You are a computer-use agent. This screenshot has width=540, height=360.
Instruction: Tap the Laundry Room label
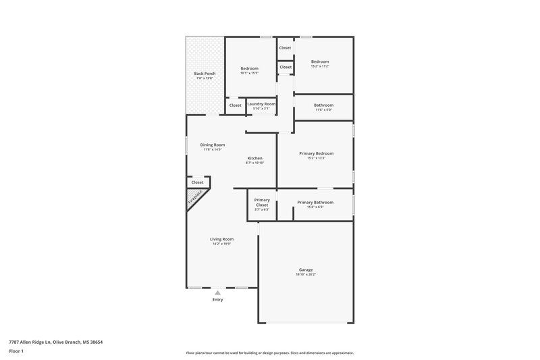(x=261, y=104)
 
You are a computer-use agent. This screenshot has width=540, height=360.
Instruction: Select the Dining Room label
(x=212, y=145)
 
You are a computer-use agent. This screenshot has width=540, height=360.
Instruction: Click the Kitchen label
(x=254, y=158)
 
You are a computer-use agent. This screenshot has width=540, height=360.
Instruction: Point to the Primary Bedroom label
(x=316, y=153)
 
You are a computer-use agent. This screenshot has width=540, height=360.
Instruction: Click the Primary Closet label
(x=262, y=202)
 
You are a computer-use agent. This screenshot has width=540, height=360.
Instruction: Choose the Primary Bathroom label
(x=316, y=203)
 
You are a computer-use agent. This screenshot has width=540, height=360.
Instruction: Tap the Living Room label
(x=221, y=239)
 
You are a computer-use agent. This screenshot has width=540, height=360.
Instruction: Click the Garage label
(x=306, y=269)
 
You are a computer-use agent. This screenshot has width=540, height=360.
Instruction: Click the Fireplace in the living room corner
(x=195, y=197)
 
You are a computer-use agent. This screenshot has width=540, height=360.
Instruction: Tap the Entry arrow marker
(x=217, y=292)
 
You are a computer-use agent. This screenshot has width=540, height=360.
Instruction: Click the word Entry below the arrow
(x=217, y=300)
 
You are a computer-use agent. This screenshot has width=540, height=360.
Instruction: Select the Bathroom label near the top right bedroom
(x=324, y=105)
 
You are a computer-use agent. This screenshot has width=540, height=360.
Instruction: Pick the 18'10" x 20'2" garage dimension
(x=306, y=275)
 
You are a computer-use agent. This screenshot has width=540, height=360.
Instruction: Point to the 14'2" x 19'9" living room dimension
(x=221, y=245)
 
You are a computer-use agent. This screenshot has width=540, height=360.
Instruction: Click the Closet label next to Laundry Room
(x=235, y=105)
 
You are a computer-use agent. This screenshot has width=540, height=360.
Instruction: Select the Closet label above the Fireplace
(x=197, y=182)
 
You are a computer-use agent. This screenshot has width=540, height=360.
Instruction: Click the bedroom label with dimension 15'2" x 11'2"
(x=320, y=61)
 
